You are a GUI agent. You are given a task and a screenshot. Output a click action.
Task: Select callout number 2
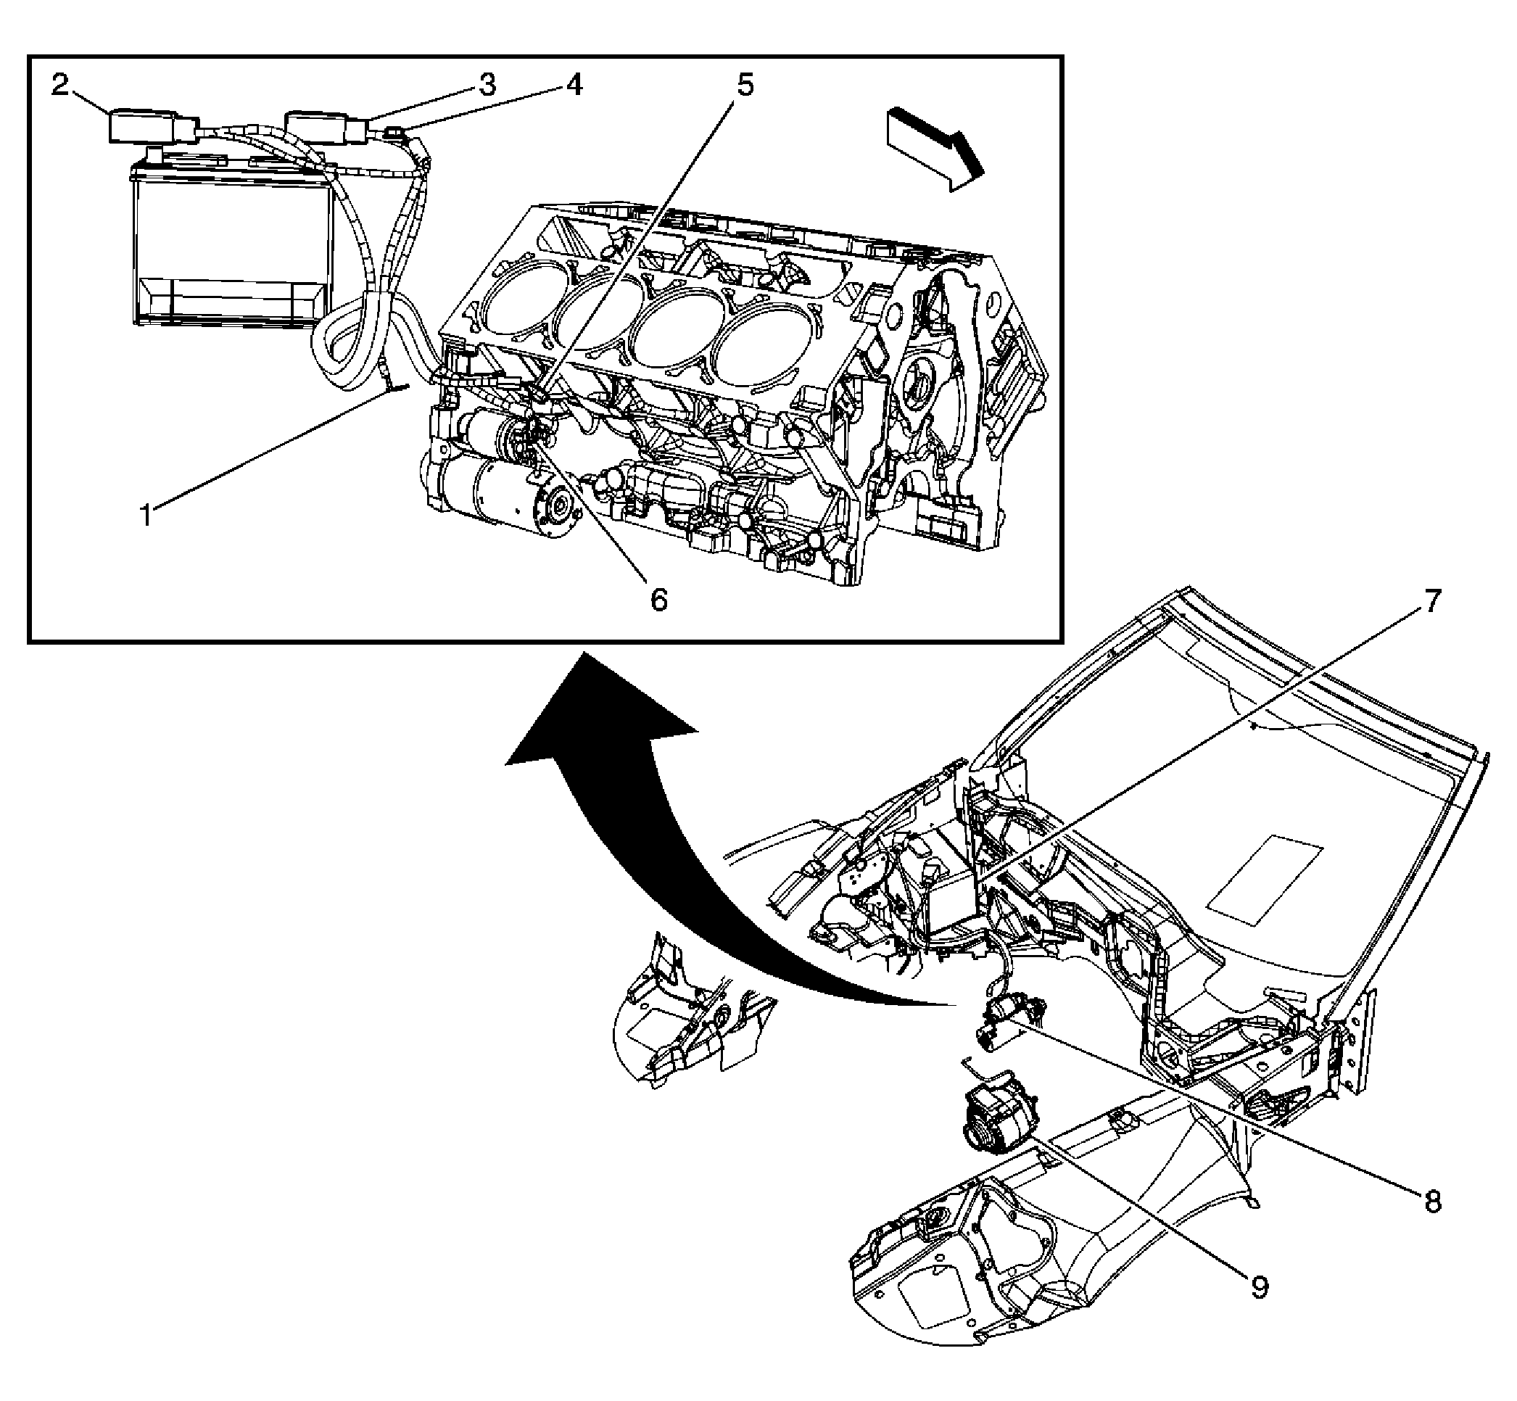60,85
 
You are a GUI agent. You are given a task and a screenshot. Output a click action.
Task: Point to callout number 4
574,85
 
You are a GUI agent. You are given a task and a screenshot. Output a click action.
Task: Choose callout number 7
1431,602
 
